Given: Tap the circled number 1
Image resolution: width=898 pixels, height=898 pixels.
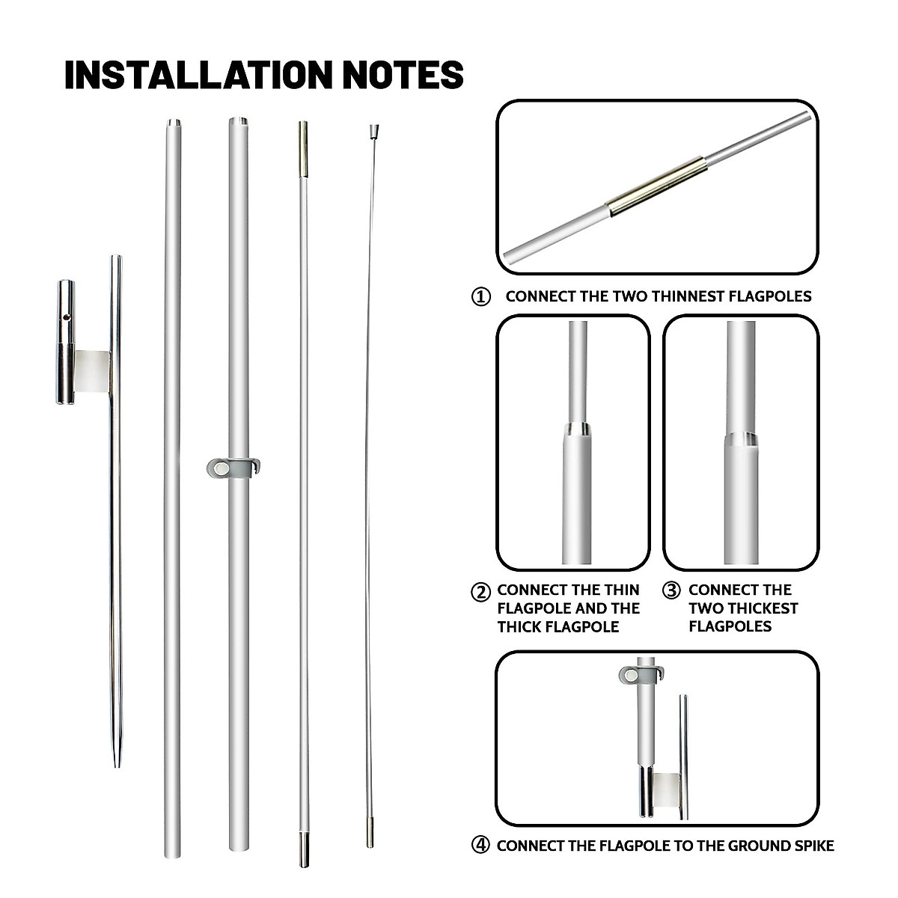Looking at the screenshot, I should point(480,297).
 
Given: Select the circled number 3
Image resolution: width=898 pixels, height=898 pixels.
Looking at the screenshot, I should point(671,590).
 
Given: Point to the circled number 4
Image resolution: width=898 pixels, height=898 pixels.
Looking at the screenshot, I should point(480,846).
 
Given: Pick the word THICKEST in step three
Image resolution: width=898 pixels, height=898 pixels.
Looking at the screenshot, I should point(743,608).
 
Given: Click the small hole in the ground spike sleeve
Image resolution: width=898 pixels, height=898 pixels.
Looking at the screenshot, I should point(67,317).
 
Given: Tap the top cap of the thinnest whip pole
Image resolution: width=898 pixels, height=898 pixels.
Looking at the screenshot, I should point(370,132).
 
